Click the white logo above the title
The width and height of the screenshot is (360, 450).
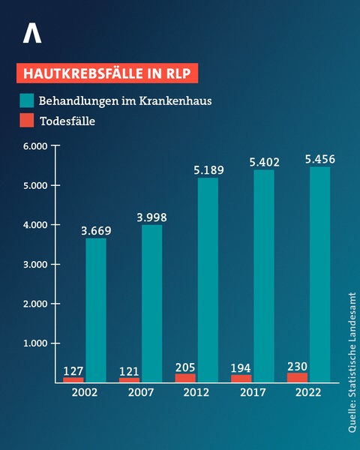[x=32, y=33]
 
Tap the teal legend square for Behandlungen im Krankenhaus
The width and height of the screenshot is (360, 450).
[x=26, y=100]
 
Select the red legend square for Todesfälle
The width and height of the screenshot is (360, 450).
[x=26, y=120]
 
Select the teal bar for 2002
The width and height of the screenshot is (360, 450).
[x=96, y=310]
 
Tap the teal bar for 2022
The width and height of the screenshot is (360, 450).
[x=319, y=274]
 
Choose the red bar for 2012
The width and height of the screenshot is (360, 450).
[x=185, y=378]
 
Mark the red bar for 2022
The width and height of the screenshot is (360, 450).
[x=297, y=377]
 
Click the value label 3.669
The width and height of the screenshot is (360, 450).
[x=96, y=231]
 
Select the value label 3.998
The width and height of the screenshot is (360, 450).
[x=151, y=217]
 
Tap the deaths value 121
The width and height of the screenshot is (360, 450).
[x=129, y=370]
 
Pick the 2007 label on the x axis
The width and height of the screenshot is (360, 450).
[x=140, y=393]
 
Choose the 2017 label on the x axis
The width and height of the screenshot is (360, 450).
[x=252, y=393]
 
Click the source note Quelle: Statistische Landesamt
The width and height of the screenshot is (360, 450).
[x=351, y=362]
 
